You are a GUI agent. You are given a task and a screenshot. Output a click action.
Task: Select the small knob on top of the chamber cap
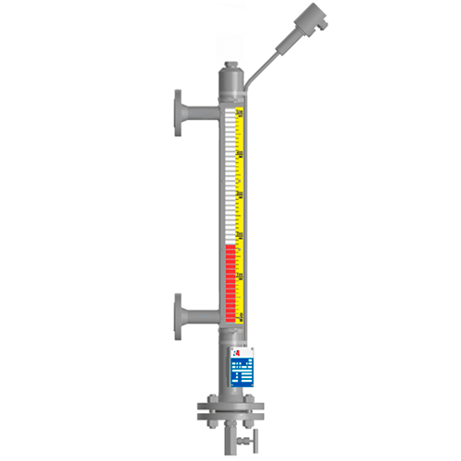[x=231, y=65]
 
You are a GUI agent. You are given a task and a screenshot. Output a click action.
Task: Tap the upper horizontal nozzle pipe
[x=198, y=116]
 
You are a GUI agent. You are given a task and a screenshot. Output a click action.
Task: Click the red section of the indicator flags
[x=230, y=282]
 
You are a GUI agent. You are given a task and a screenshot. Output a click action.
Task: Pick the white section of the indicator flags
[x=230, y=175]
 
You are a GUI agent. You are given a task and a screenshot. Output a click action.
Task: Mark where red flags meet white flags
[x=230, y=245]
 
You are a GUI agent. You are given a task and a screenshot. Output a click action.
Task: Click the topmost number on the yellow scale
[x=240, y=113]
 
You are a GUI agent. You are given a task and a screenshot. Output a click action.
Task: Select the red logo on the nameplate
[x=234, y=353]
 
